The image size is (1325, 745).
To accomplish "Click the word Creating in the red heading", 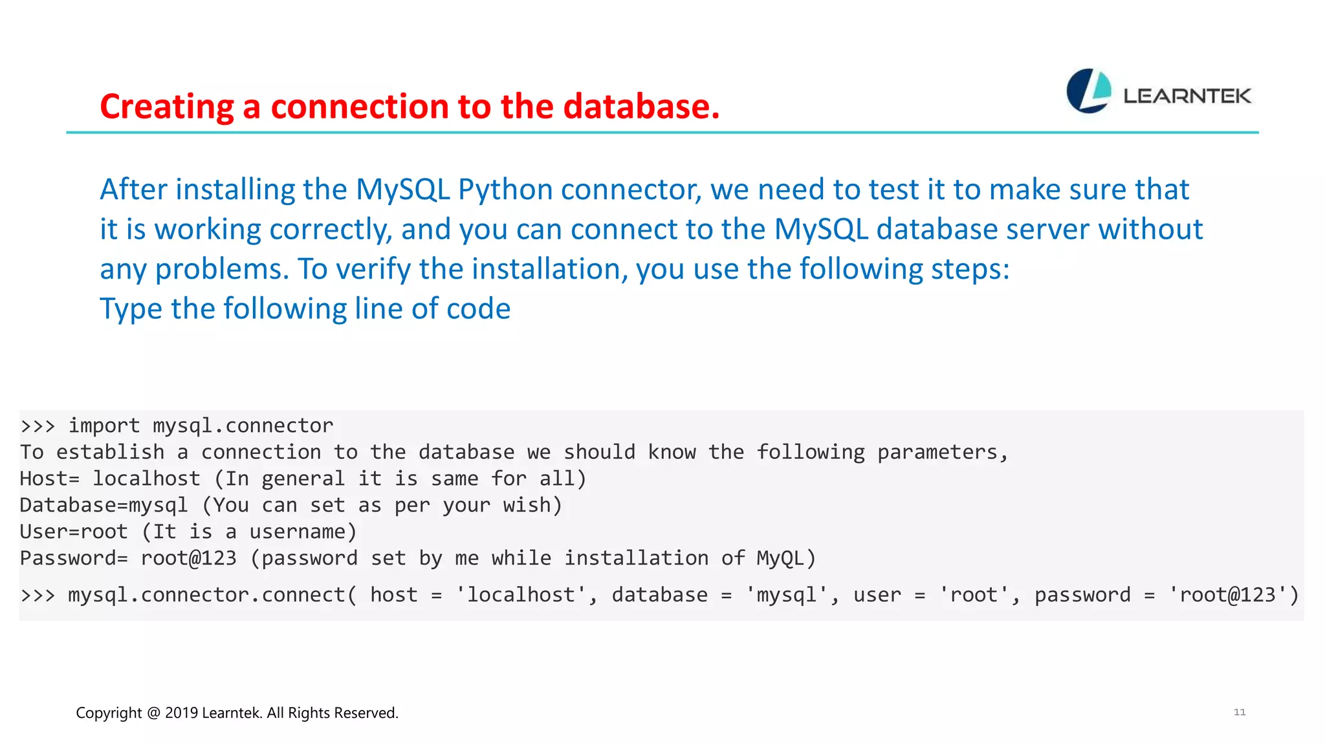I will pyautogui.click(x=166, y=107).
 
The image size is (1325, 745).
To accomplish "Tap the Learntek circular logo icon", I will pyautogui.click(x=1088, y=91).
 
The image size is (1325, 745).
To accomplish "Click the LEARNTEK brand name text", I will pyautogui.click(x=1187, y=96).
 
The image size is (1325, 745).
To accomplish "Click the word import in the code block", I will pyautogui.click(x=104, y=426).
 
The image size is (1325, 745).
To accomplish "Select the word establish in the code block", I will pyautogui.click(x=110, y=452).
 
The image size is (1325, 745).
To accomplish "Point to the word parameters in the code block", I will pyautogui.click(x=942, y=452).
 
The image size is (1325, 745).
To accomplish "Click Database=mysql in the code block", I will pyautogui.click(x=104, y=505).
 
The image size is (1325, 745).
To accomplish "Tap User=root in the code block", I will pyautogui.click(x=74, y=532).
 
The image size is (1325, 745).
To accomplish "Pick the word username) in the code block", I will pyautogui.click(x=303, y=532).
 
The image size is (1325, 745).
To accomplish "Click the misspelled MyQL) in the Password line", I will pyautogui.click(x=786, y=558).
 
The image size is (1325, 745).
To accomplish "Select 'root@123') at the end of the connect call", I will pyautogui.click(x=1233, y=595).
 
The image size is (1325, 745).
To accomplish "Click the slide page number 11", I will pyautogui.click(x=1239, y=712).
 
